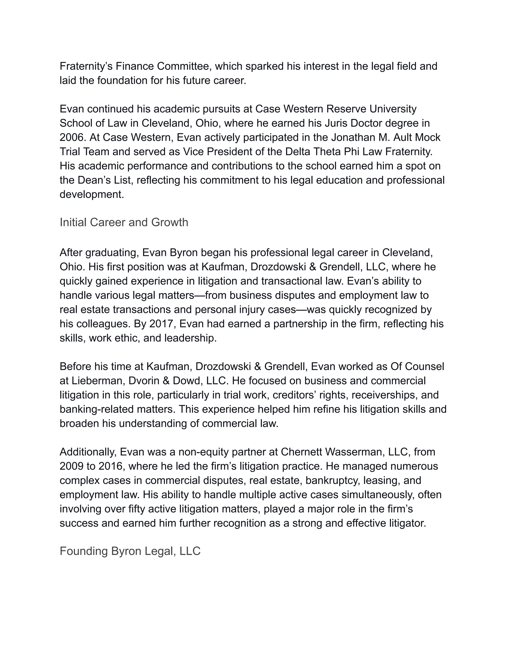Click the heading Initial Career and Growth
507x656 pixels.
pyautogui.click(x=124, y=223)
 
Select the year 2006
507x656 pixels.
pyautogui.click(x=71, y=138)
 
